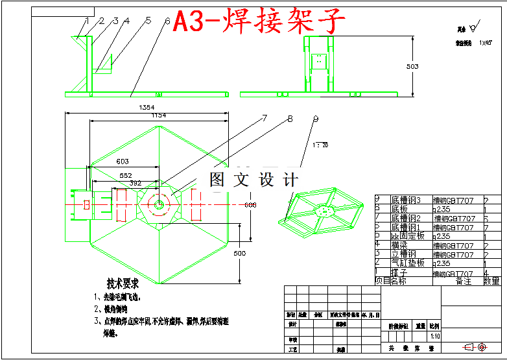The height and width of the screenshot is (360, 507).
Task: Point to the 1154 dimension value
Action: pos(159,115)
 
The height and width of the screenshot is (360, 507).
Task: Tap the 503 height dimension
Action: pos(412,66)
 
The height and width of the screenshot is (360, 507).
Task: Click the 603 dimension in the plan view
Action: pos(122,162)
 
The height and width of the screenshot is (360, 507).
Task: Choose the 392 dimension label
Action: pos(135,184)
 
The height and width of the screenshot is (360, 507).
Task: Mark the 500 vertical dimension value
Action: pos(239,252)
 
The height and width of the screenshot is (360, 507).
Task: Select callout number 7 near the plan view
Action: pos(264,118)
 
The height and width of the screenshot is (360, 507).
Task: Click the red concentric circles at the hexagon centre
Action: pos(158,204)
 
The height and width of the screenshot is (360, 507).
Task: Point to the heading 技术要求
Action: pos(123,283)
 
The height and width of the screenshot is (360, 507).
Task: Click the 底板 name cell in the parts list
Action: pos(399,209)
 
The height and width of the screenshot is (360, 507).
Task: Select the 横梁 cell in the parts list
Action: pos(399,245)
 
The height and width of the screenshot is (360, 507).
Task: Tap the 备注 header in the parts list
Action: pos(464,281)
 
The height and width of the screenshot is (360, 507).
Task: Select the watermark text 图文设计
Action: pos(253,179)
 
